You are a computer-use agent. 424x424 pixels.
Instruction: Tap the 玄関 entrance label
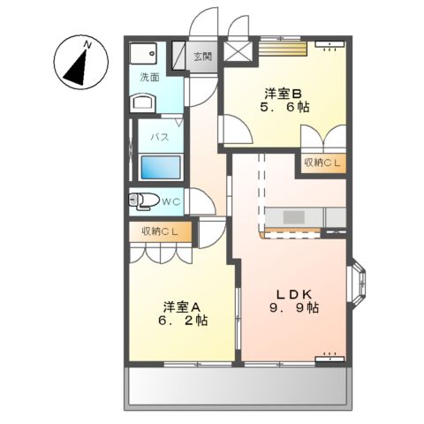click(203, 57)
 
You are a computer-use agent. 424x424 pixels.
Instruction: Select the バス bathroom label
click(159, 138)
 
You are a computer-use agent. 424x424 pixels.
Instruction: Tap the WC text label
click(170, 202)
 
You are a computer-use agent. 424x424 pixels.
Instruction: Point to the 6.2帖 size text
click(183, 323)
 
